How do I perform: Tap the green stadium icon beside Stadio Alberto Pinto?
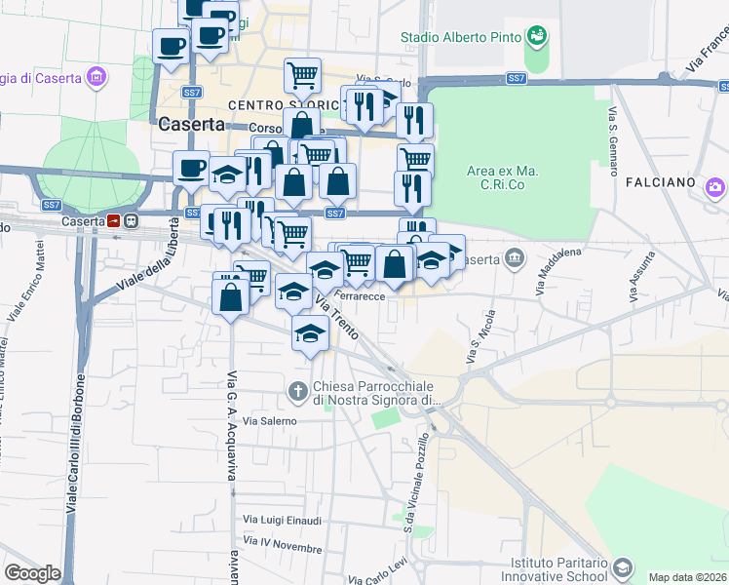point(536,38)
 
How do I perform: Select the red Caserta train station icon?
point(114,221)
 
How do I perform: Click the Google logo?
point(32,573)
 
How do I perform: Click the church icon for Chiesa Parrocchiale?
point(297,392)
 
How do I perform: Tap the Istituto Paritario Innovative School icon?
point(623,566)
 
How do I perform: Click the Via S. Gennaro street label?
point(615,141)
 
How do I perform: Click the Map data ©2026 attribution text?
point(687,577)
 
